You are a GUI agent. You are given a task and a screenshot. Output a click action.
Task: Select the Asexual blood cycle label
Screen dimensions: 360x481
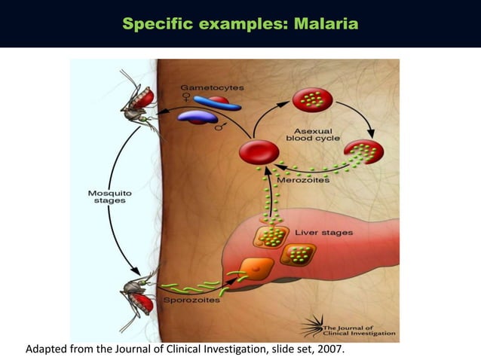(x=313, y=134)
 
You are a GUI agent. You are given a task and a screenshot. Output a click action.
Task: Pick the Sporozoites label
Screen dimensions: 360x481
(x=191, y=300)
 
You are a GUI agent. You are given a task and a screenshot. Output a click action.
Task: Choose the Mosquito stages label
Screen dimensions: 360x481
(x=110, y=198)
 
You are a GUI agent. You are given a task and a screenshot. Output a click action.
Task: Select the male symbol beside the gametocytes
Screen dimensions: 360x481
(x=220, y=127)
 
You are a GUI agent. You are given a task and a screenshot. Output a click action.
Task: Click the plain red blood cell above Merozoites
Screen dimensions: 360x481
(x=259, y=153)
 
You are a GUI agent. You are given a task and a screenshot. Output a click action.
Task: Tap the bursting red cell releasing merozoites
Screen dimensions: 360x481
(x=364, y=152)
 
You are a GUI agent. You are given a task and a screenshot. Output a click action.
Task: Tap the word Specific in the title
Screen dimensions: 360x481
(x=159, y=26)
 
